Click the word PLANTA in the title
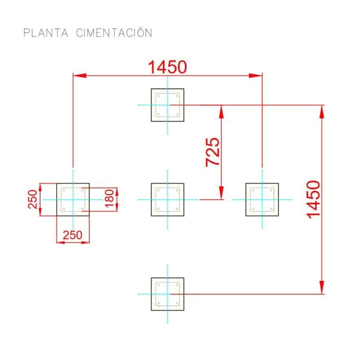[x=46, y=33]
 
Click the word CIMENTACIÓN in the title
[x=114, y=33]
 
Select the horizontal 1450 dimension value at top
[x=167, y=67]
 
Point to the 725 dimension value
[x=213, y=152]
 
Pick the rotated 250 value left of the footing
[x=32, y=199]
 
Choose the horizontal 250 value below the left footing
[x=72, y=235]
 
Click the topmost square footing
[x=167, y=105]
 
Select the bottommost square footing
[x=167, y=294]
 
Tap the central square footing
[x=167, y=199]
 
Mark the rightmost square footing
[x=262, y=199]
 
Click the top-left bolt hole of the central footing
[x=158, y=190]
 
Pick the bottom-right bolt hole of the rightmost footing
[x=271, y=209]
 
